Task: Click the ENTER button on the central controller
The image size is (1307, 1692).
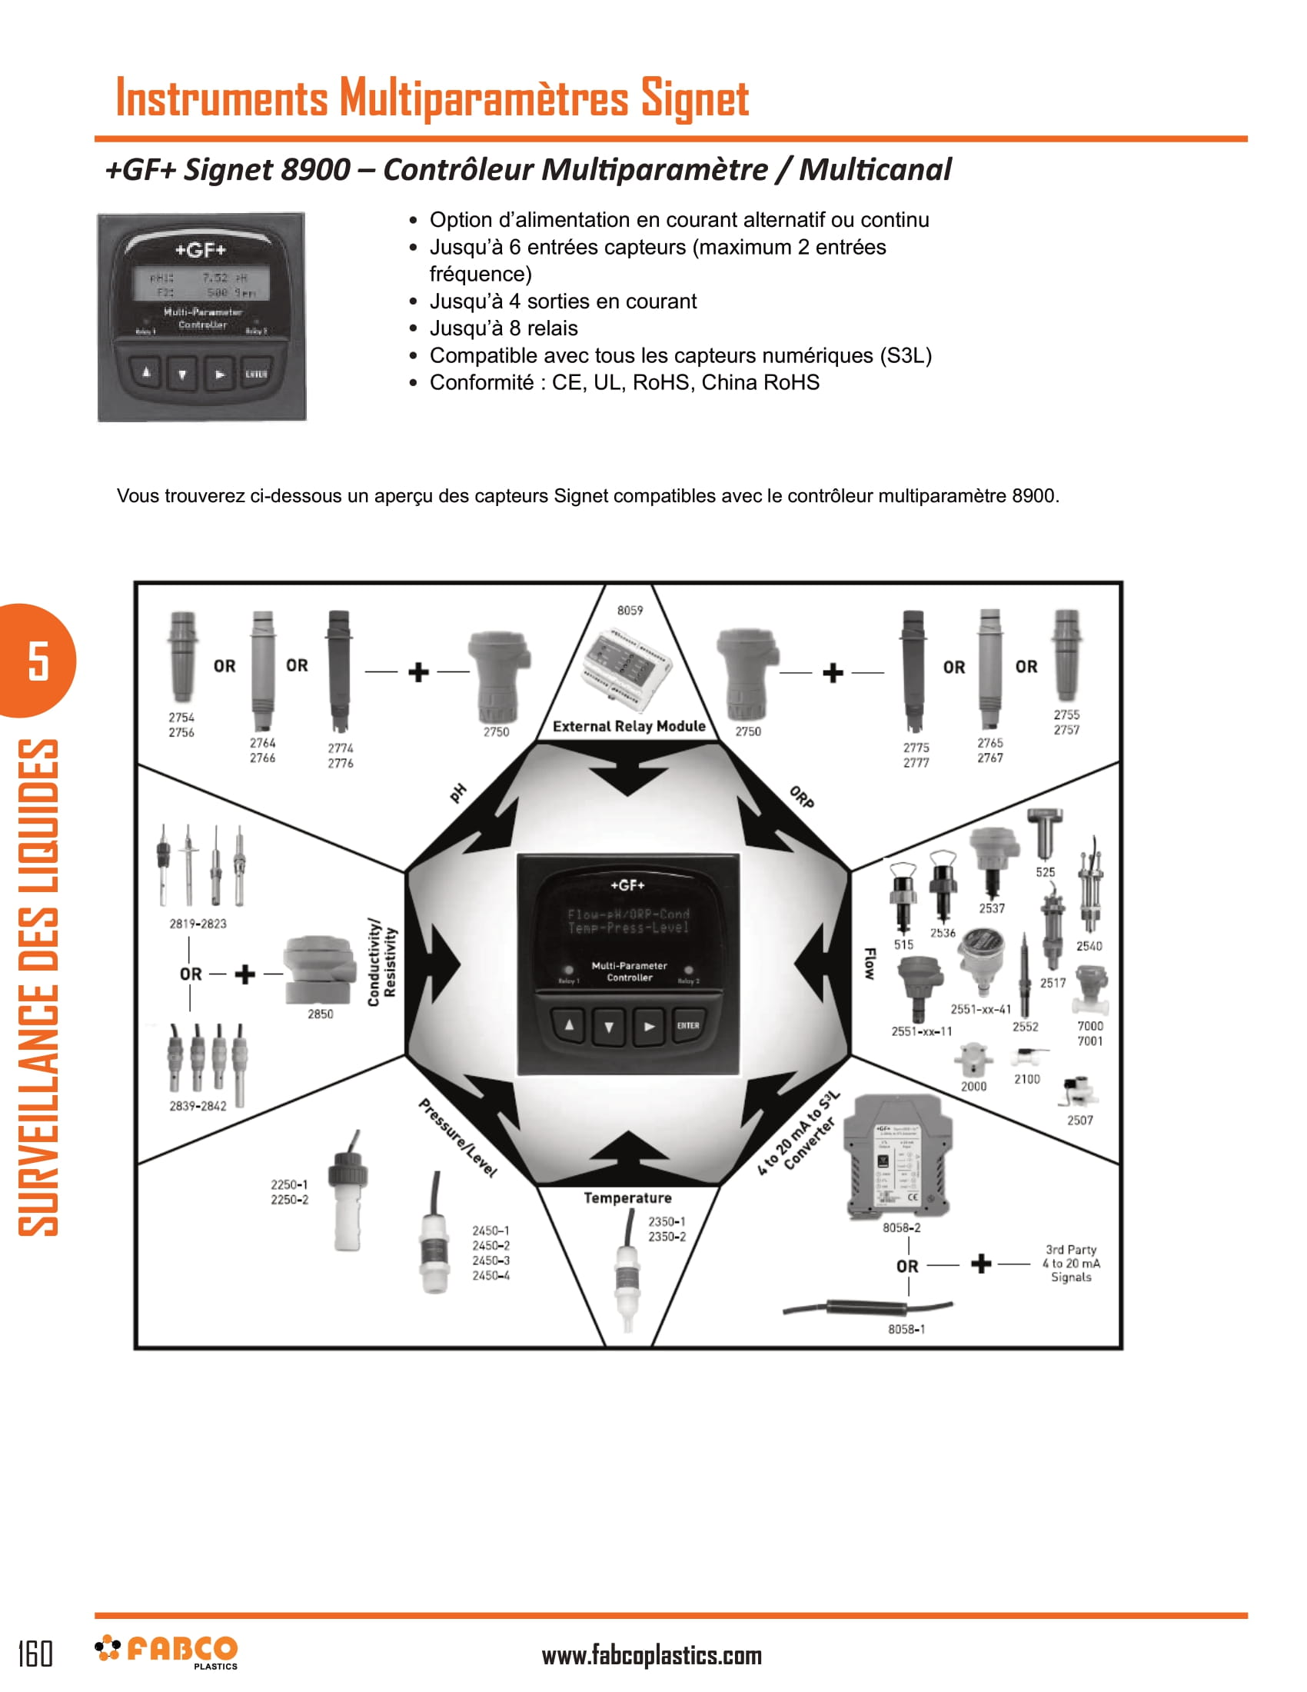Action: (687, 1025)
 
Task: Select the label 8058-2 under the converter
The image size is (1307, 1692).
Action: (901, 1228)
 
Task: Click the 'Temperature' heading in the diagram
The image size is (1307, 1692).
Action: (627, 1198)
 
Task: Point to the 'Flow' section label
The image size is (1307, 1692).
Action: (870, 964)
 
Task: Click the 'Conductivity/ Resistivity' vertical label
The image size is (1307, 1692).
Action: (382, 963)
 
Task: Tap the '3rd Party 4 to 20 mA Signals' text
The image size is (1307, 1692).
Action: (1071, 1264)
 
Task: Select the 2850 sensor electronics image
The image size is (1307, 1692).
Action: (319, 969)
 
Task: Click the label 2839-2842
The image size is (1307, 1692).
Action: (198, 1106)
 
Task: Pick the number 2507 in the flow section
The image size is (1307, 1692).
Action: (1079, 1121)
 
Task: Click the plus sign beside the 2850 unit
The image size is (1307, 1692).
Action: (244, 974)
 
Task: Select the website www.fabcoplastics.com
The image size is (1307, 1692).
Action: (651, 1656)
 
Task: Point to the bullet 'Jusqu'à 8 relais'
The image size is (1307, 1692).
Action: (504, 328)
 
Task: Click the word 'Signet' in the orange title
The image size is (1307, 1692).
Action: (693, 98)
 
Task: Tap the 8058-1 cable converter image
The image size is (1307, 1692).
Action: (867, 1308)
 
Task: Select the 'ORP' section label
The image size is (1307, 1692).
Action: (800, 798)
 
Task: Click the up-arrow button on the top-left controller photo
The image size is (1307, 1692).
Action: (145, 374)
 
